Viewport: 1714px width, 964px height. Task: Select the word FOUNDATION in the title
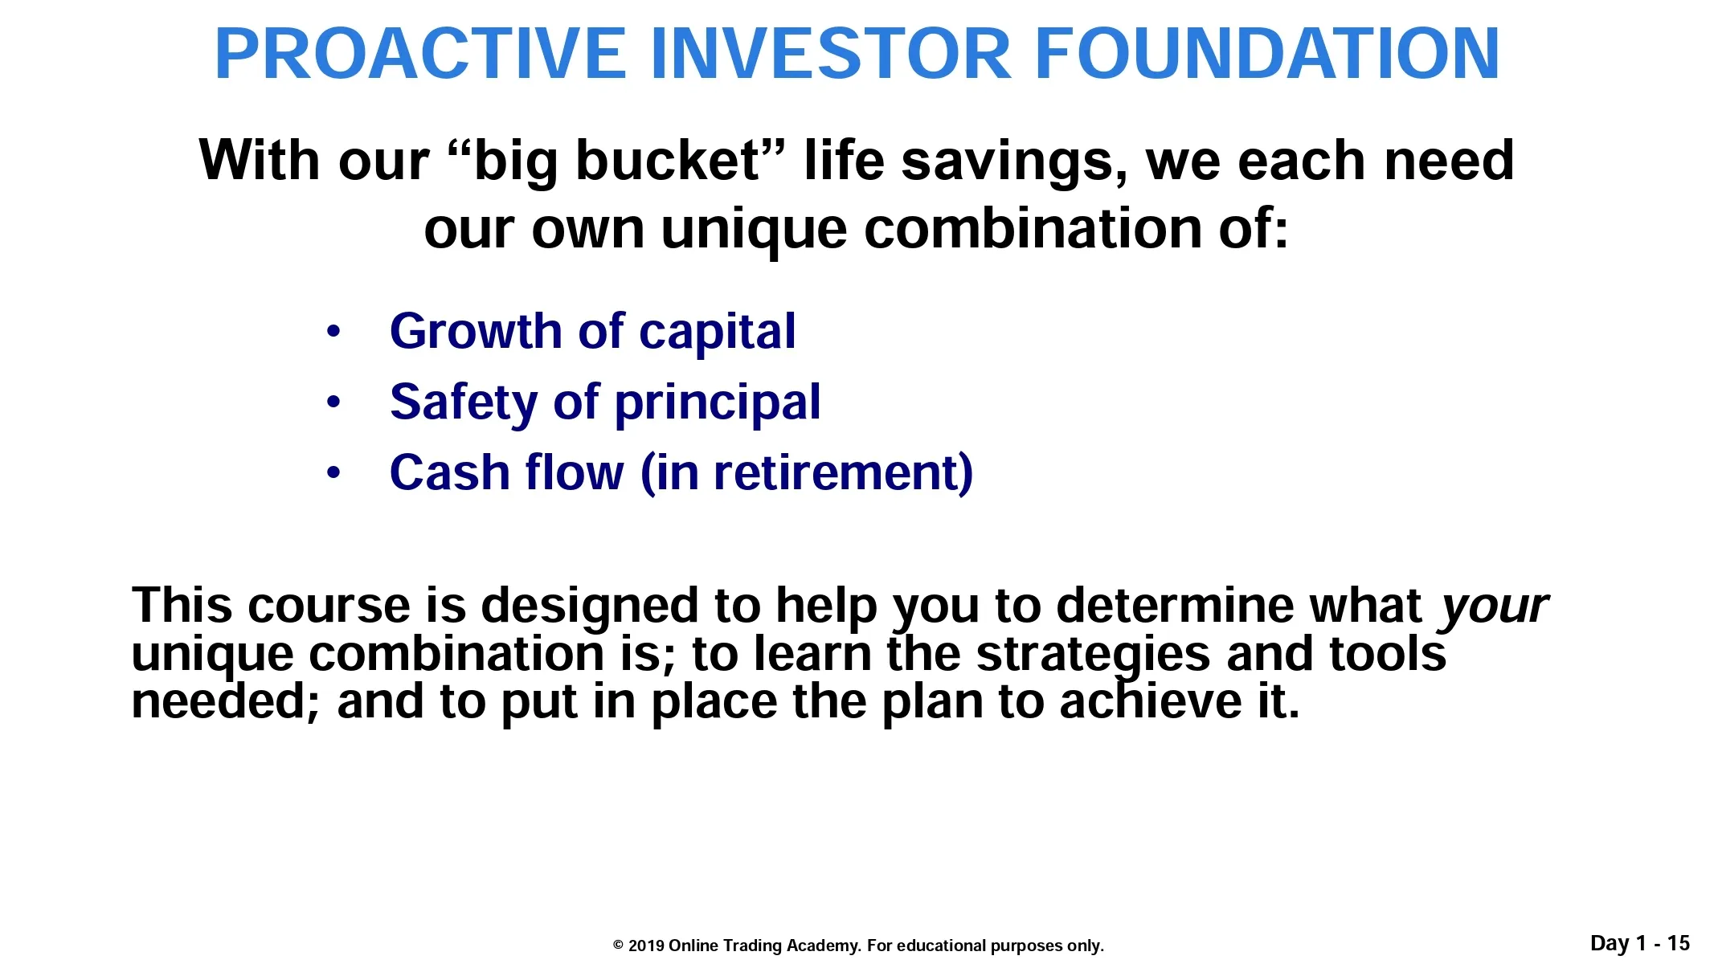pos(1267,54)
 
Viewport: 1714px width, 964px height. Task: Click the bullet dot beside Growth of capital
pos(333,331)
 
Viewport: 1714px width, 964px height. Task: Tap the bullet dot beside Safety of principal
pos(333,402)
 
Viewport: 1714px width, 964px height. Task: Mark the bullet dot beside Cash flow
pos(333,472)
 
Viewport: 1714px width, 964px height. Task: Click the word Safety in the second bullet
pos(464,403)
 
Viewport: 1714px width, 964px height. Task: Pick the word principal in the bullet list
pos(718,403)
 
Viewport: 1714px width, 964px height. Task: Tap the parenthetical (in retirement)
pos(807,473)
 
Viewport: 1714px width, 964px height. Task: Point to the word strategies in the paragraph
pos(1093,656)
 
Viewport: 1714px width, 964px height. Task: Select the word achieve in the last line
pos(1151,701)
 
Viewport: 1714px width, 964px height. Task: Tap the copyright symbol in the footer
pos(618,946)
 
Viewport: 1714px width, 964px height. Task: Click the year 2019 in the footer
pos(646,946)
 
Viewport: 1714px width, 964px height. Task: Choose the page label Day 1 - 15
pos(1640,943)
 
